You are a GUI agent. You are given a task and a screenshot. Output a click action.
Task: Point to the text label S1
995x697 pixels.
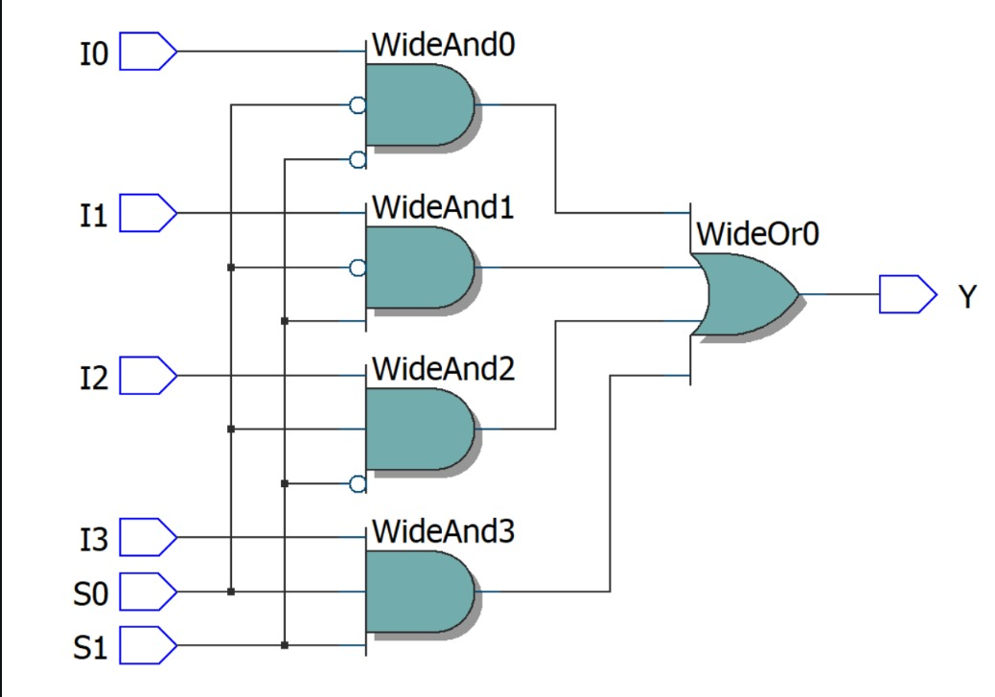[91, 648]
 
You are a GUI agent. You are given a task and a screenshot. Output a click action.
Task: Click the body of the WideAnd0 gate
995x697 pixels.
[418, 105]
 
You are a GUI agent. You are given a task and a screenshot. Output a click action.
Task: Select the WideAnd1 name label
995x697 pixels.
[442, 206]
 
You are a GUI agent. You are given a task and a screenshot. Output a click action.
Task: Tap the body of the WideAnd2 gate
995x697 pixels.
[418, 429]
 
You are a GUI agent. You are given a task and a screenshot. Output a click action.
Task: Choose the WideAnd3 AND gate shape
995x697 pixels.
[418, 591]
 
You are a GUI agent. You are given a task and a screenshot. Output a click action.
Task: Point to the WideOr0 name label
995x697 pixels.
[757, 233]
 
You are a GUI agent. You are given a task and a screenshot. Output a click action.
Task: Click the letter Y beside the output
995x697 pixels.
[967, 296]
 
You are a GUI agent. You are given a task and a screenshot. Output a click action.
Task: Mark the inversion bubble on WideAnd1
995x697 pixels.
[358, 268]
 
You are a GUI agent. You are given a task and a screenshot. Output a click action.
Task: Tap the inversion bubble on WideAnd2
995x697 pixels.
[358, 484]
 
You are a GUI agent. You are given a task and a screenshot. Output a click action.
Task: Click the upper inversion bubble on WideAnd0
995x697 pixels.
[358, 105]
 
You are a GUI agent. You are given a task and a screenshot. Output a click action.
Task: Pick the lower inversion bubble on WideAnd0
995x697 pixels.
[358, 159]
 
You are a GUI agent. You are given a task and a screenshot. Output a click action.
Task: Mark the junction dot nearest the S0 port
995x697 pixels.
[230, 592]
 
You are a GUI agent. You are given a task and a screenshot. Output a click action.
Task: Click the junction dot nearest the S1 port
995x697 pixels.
[284, 645]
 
